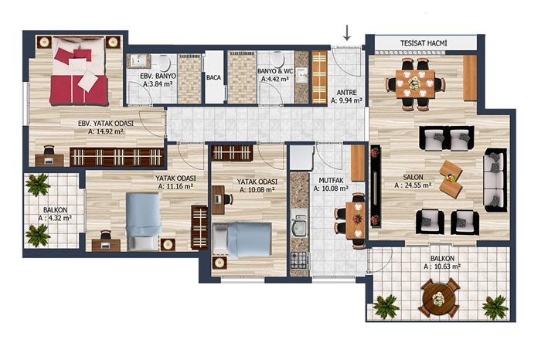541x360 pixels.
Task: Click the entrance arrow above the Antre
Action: coord(347,32)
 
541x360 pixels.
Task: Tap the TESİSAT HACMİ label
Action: coord(424,43)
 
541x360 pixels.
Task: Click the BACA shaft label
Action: coord(213,77)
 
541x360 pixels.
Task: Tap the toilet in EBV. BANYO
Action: coord(164,63)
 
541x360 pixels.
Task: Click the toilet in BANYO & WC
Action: coord(277,60)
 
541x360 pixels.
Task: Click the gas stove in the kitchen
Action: coord(300,260)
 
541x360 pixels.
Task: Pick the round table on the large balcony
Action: coord(438,298)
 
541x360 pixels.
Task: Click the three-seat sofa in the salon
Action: coord(495,180)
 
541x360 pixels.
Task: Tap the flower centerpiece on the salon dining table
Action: coord(414,83)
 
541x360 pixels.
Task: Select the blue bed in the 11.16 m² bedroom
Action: coord(143,222)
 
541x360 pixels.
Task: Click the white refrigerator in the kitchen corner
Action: coord(301,158)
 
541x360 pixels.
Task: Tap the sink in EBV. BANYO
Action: coord(138,61)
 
